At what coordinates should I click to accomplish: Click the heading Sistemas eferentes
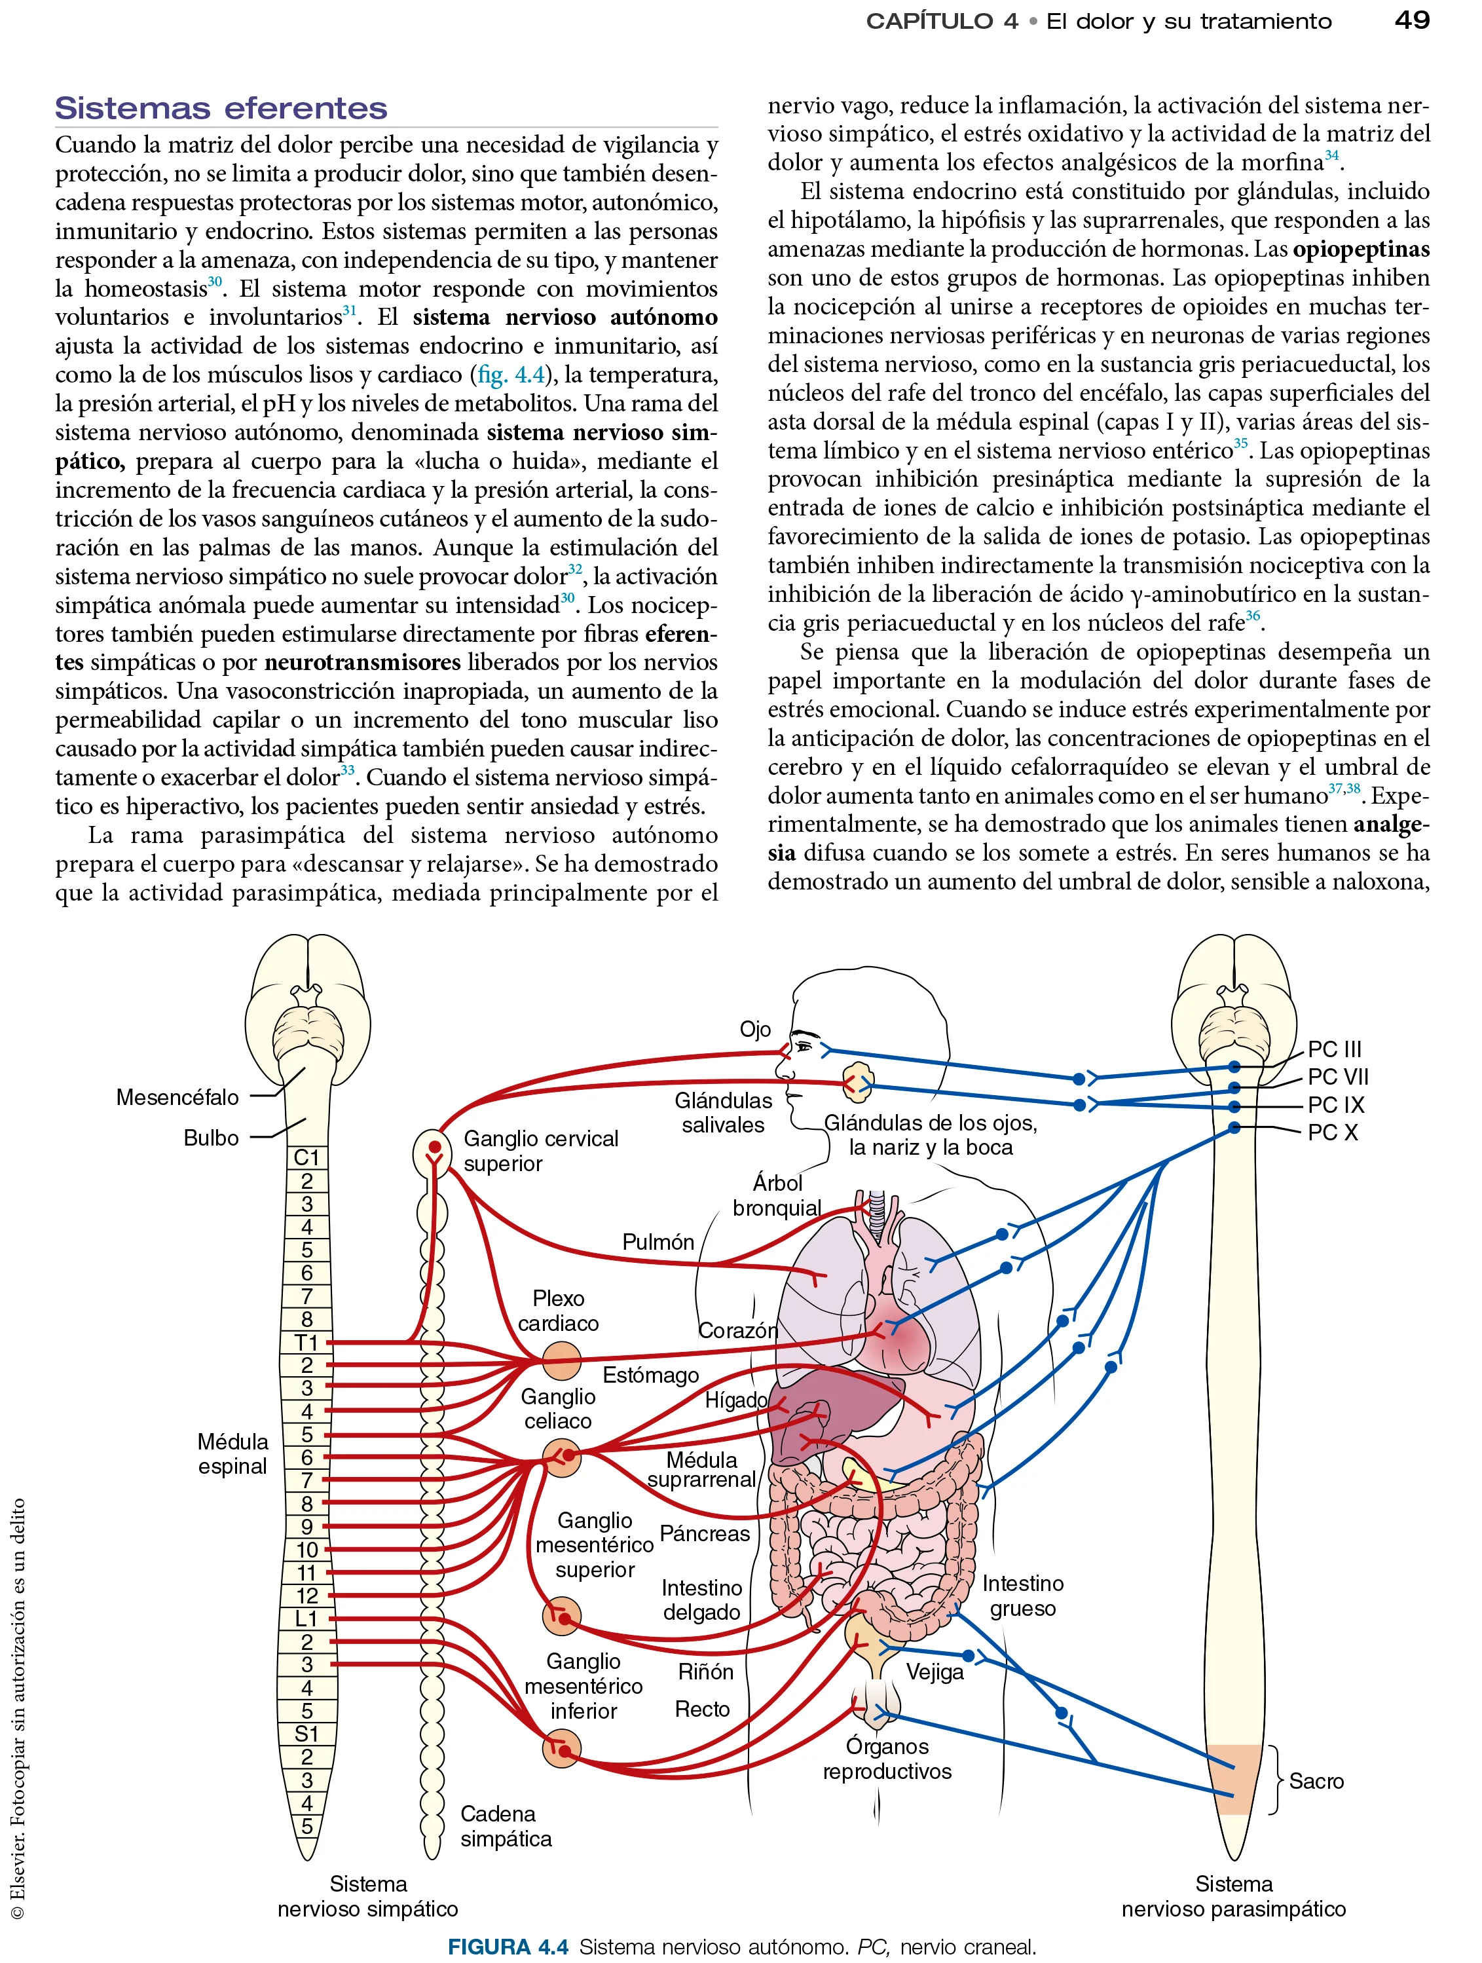[221, 108]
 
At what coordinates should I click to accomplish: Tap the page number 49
[1411, 20]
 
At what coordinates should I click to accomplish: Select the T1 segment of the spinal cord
[306, 1343]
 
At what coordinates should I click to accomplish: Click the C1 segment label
[306, 1157]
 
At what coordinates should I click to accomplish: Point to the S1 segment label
[306, 1733]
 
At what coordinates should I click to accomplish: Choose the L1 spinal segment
[306, 1618]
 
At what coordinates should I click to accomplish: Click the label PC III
[1334, 1049]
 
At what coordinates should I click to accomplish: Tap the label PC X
[1332, 1132]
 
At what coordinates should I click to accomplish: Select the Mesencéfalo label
[177, 1097]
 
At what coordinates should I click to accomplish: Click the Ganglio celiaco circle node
[562, 1456]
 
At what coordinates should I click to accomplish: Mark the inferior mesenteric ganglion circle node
[561, 1749]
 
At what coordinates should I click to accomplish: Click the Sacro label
[1316, 1780]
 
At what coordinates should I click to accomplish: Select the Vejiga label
[935, 1672]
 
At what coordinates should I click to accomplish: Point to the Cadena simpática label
[505, 1826]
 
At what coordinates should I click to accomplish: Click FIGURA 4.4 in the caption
[508, 1947]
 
